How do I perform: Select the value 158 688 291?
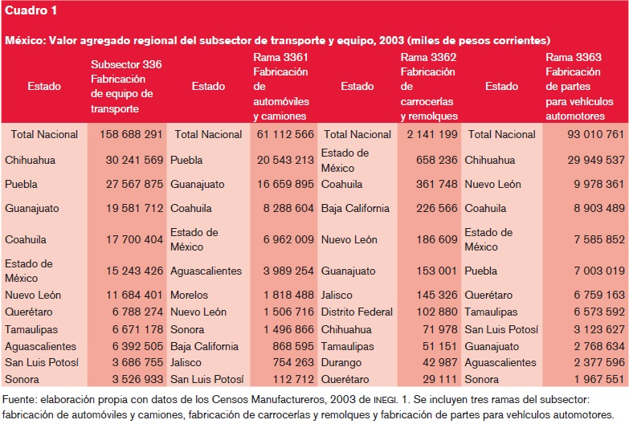click(x=133, y=134)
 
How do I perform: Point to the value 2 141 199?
click(x=431, y=134)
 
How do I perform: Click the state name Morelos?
click(x=190, y=295)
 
